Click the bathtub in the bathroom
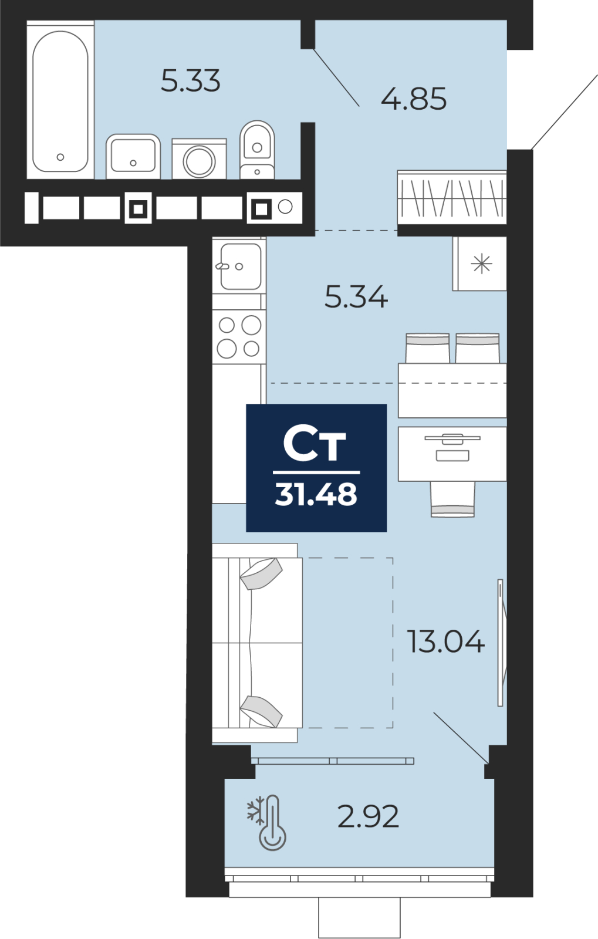point(60,100)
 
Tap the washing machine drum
point(199,161)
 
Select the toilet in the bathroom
point(257,150)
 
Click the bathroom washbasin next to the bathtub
point(133,156)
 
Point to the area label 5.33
point(191,81)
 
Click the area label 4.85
point(414,99)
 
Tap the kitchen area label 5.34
point(356,297)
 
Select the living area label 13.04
point(446,641)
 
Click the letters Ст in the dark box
point(315,444)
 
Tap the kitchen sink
point(239,266)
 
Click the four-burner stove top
point(239,337)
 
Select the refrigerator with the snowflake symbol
point(479,264)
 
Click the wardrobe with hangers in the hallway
point(452,197)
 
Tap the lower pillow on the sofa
point(261,711)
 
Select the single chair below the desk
point(452,499)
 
